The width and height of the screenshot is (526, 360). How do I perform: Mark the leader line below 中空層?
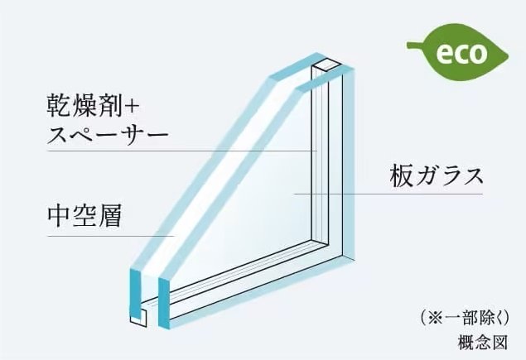(108, 237)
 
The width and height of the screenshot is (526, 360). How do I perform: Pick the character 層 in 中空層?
(109, 217)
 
